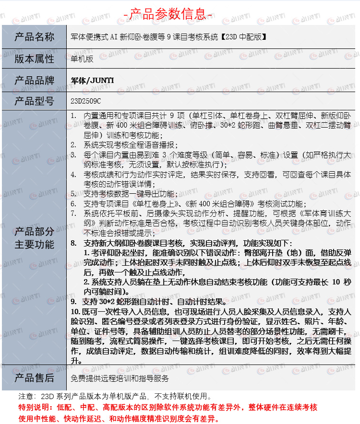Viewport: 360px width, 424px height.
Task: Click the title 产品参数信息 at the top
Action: click(168, 13)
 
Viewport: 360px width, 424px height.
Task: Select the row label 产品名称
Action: click(35, 37)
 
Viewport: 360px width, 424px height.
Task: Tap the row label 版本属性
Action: click(35, 59)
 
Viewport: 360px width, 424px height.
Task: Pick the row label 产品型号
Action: click(35, 101)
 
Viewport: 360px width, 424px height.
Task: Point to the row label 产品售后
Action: click(35, 378)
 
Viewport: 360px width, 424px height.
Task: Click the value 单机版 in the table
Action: click(82, 59)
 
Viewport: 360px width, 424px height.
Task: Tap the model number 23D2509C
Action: click(86, 101)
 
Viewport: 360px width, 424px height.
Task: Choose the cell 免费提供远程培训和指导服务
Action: click(120, 378)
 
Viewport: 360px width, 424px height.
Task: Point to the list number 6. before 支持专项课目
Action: click(73, 204)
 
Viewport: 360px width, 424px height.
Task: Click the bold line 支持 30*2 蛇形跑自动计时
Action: click(154, 302)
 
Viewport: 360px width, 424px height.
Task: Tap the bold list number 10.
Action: click(75, 312)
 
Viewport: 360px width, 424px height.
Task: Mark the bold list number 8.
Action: click(73, 243)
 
